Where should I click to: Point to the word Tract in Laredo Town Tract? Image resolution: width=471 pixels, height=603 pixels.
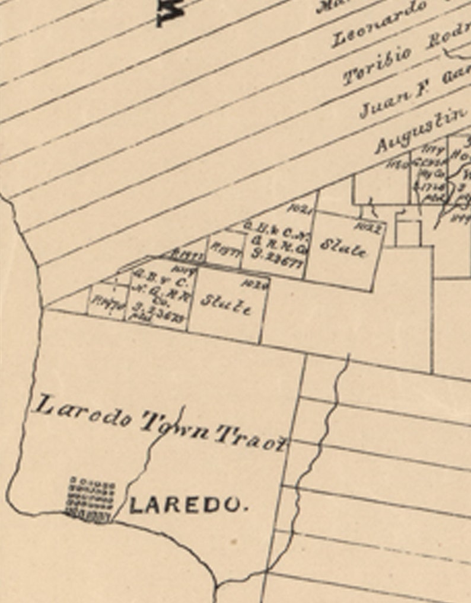pos(252,438)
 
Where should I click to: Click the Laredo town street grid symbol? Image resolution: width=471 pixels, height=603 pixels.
pos(91,499)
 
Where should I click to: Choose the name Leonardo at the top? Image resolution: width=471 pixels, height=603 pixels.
pos(380,24)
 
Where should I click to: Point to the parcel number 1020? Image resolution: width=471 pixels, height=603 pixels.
pos(260,285)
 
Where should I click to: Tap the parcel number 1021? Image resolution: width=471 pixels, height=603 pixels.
pos(300,209)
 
